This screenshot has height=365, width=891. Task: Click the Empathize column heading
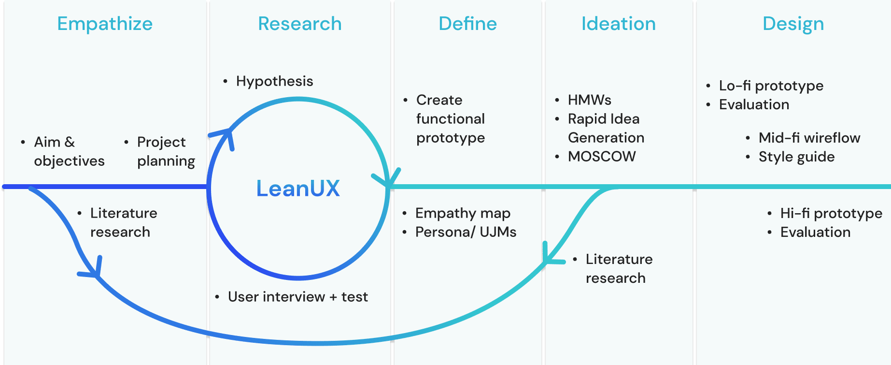105,24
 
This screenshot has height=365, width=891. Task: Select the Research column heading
299,24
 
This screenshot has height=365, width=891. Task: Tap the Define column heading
467,24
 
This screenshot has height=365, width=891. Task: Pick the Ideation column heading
618,24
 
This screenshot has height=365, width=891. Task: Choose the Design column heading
793,24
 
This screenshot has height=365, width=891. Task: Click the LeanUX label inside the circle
298,189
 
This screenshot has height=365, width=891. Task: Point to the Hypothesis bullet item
274,81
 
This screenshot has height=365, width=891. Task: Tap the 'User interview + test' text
297,297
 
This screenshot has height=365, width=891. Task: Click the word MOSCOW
602,157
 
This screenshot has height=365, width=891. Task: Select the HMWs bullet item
589,100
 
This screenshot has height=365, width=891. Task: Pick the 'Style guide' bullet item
796,157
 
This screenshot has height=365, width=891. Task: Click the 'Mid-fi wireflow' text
809,138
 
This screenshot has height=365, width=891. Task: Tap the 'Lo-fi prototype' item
771,86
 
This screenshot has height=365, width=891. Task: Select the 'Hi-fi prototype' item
831,213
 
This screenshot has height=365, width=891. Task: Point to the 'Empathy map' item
463,213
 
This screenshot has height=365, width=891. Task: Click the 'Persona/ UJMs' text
466,232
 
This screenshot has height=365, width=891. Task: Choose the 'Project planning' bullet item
166,151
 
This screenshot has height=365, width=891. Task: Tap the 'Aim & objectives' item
69,151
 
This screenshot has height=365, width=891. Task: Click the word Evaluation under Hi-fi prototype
815,232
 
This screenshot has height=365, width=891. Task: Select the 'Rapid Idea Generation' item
606,128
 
